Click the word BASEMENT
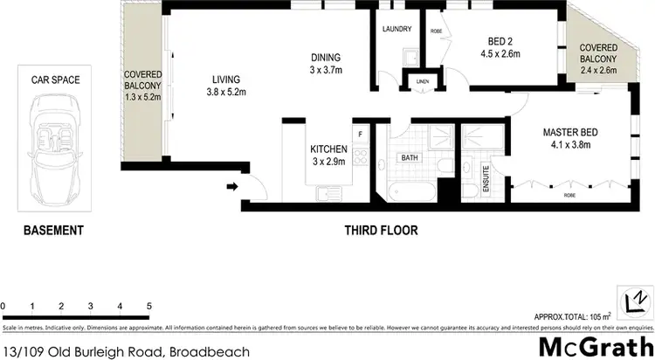[52, 232]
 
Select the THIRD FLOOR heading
[380, 232]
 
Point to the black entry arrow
[233, 186]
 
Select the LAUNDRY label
[397, 29]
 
